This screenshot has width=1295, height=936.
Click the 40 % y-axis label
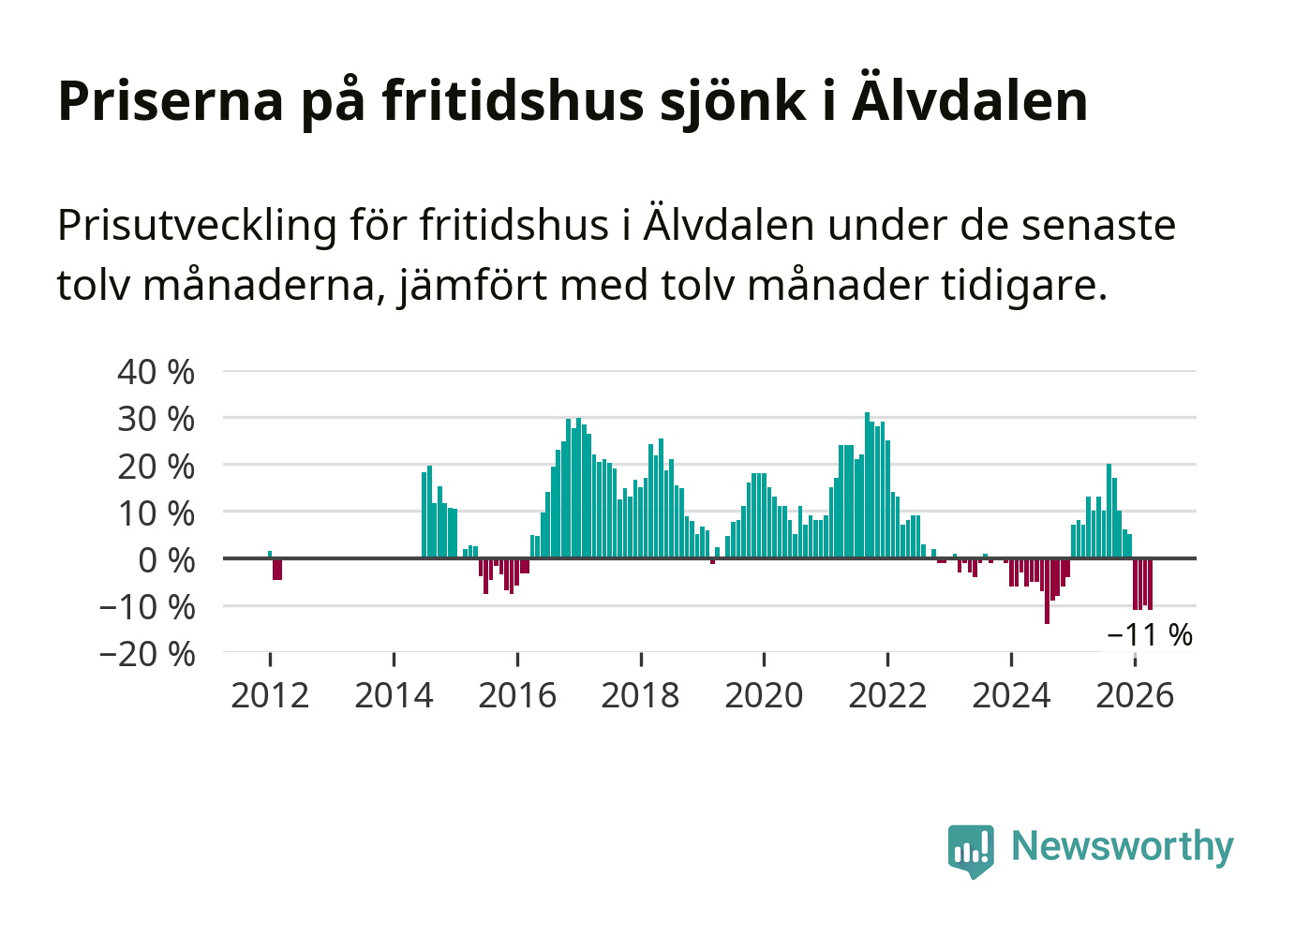[x=156, y=372]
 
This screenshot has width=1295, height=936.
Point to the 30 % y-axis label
[x=156, y=419]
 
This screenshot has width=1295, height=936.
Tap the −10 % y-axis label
[x=147, y=607]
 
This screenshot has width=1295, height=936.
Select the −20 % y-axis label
[x=147, y=654]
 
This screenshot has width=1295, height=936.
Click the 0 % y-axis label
[x=167, y=560]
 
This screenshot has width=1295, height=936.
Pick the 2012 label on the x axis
[x=270, y=695]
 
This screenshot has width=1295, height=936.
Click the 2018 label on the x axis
[x=641, y=695]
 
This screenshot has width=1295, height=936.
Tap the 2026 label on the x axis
[x=1135, y=695]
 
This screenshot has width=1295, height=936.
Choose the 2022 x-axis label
[x=887, y=695]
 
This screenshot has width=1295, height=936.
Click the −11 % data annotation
[x=1150, y=635]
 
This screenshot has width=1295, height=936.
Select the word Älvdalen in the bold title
[x=970, y=100]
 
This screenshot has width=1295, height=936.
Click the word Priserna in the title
[x=171, y=101]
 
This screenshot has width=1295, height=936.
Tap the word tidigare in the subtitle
[x=1024, y=287]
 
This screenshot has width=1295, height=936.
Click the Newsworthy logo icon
[x=971, y=852]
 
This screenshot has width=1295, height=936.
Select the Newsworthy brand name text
[x=1123, y=846]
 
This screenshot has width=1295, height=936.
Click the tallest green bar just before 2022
[x=867, y=485]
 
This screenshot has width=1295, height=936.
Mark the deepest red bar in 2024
[x=1047, y=591]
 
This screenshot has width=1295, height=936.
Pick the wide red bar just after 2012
[x=277, y=570]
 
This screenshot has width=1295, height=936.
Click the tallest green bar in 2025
[x=1109, y=511]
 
